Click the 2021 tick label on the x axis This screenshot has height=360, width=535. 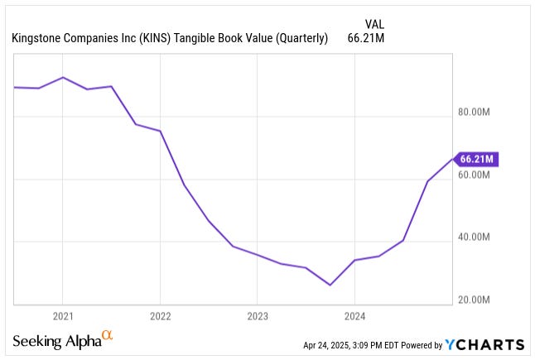click(62, 316)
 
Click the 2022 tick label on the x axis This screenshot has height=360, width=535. click(160, 316)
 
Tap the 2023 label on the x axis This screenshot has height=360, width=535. click(257, 316)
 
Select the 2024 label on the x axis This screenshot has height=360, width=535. click(354, 316)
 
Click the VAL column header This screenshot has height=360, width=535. click(374, 24)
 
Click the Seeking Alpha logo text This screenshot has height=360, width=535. click(55, 342)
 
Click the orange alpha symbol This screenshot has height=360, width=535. click(106, 336)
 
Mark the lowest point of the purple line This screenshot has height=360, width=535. click(330, 285)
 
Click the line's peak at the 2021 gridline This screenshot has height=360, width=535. click(63, 77)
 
